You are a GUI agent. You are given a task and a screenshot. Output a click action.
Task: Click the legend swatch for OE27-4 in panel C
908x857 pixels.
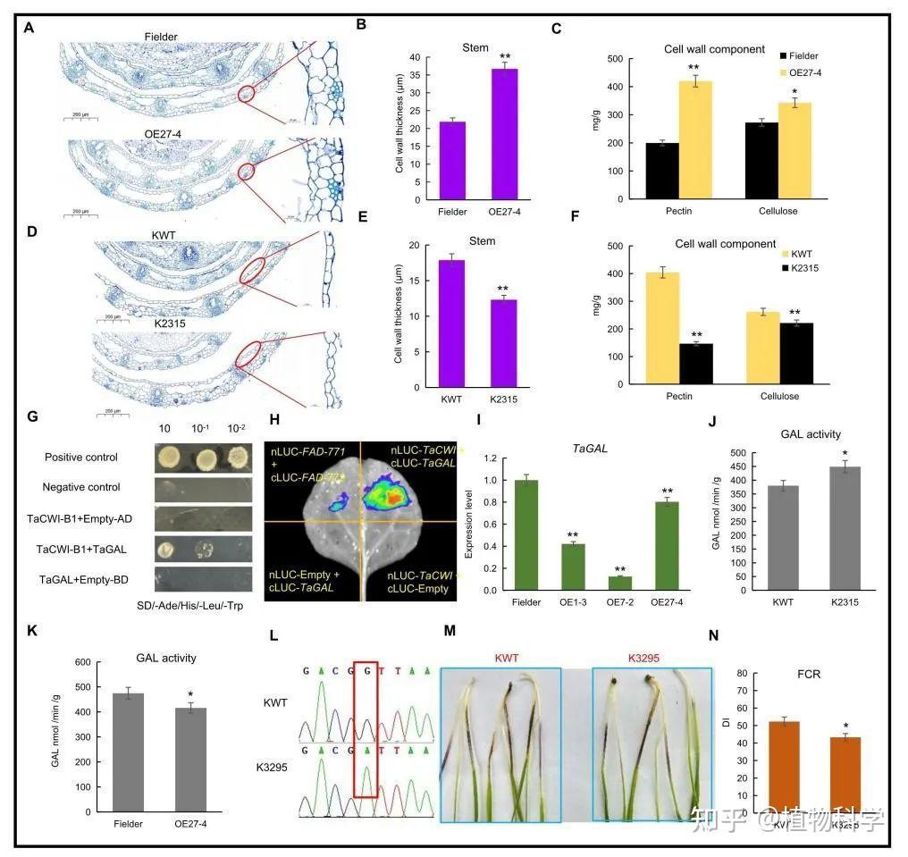784,72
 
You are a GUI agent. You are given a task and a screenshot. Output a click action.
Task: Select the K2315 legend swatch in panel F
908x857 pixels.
784,268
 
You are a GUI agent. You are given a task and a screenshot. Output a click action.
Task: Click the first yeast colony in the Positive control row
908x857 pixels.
167,459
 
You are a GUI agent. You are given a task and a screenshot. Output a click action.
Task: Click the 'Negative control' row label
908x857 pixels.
80,487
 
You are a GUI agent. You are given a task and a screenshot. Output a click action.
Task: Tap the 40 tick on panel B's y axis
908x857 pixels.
413,57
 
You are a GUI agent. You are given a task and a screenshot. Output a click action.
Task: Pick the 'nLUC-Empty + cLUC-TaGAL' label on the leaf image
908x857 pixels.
307,576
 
